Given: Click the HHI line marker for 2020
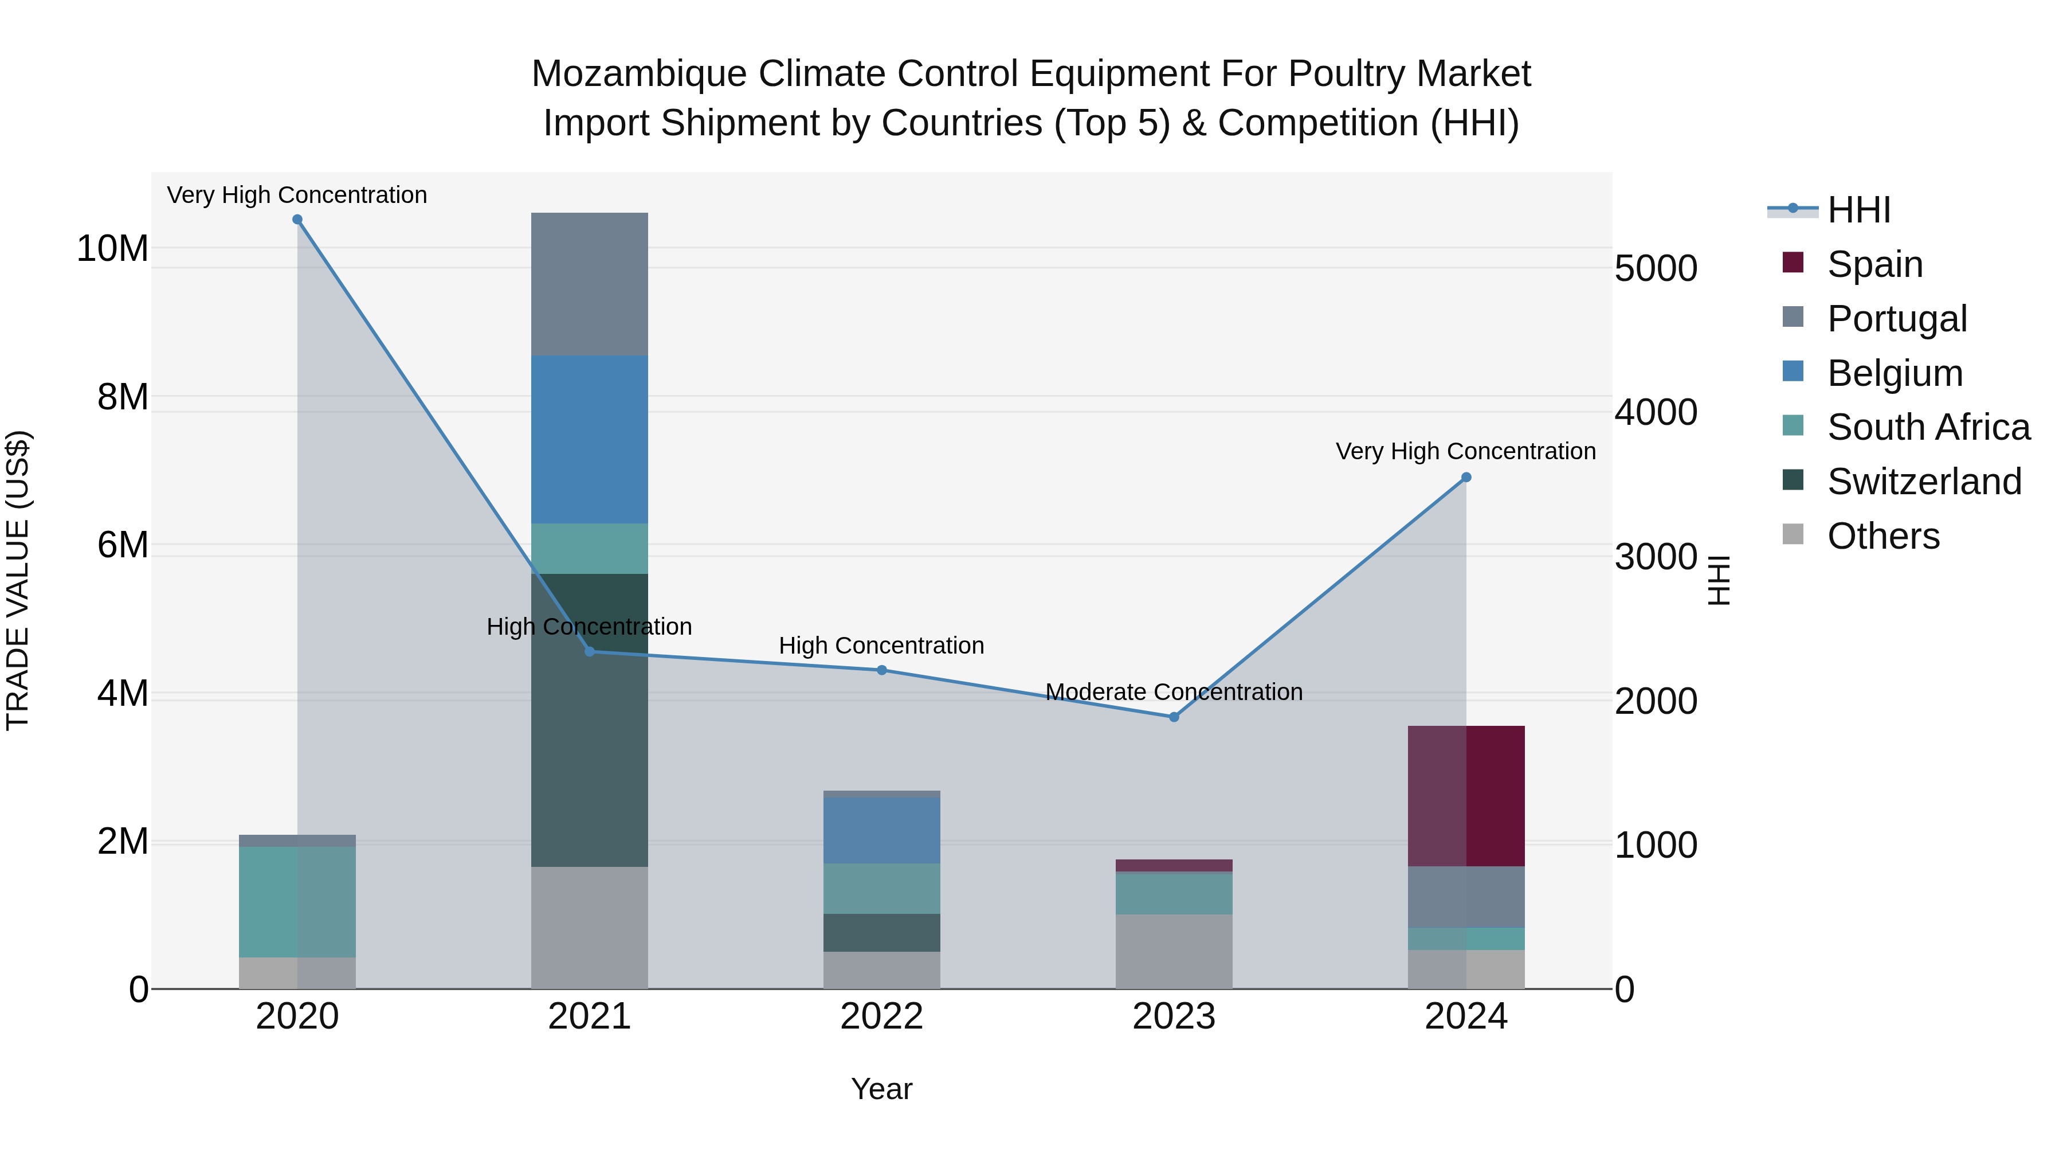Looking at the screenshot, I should pyautogui.click(x=297, y=220).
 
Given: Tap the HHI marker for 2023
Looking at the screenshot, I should pyautogui.click(x=1174, y=717).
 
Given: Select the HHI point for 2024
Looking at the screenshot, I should pyautogui.click(x=1466, y=478).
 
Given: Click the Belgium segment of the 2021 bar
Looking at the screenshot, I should pyautogui.click(x=590, y=440).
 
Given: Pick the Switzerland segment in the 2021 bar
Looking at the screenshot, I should pyautogui.click(x=590, y=720).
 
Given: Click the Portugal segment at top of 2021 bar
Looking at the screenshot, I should pyautogui.click(x=590, y=284).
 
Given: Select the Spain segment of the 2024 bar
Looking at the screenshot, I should pyautogui.click(x=1466, y=796).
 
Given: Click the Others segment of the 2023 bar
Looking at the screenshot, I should pyautogui.click(x=1174, y=951).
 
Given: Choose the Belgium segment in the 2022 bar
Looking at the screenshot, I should pyautogui.click(x=882, y=830).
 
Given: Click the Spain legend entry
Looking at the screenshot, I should pyautogui.click(x=1874, y=264).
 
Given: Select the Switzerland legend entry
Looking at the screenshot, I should pyautogui.click(x=1924, y=482).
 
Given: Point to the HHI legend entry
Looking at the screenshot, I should pyautogui.click(x=1858, y=210).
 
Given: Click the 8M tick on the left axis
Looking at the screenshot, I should pyautogui.click(x=123, y=397).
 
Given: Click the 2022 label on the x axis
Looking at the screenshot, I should pyautogui.click(x=882, y=1017).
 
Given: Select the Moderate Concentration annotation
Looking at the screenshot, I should pyautogui.click(x=1174, y=691).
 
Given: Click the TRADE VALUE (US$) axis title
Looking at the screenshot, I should pyautogui.click(x=18, y=580).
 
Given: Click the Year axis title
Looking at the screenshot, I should pyautogui.click(x=882, y=1089).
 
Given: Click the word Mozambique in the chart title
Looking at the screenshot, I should pyautogui.click(x=638, y=74).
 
